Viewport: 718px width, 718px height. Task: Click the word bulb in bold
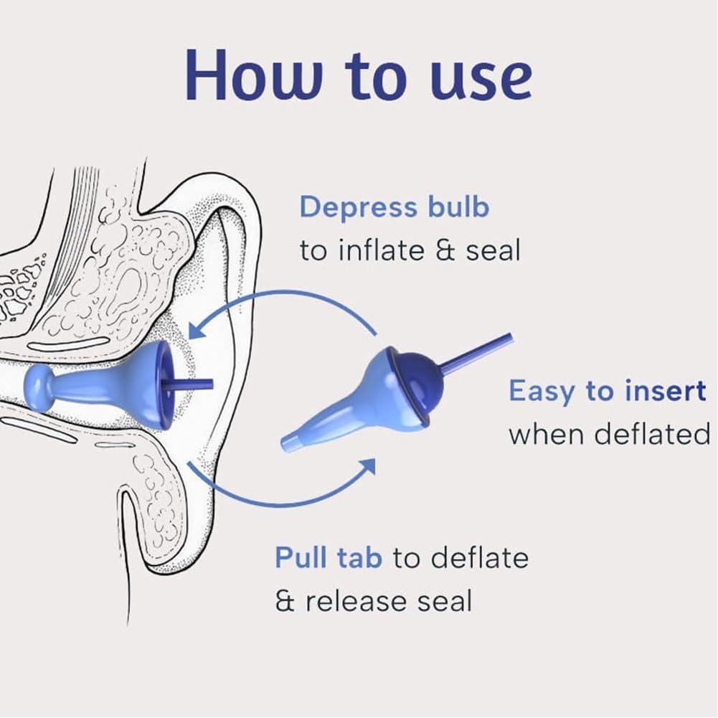(x=456, y=207)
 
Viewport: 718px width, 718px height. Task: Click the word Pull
(x=302, y=557)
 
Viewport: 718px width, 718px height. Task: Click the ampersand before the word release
(x=285, y=601)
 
